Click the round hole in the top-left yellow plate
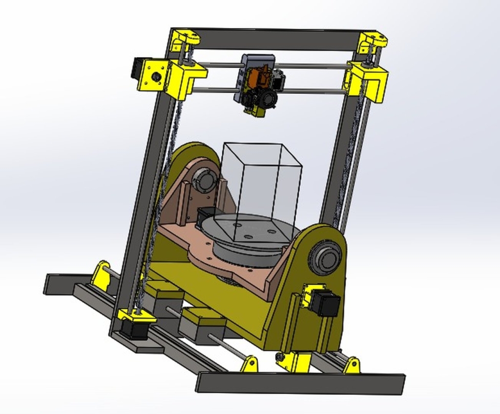click(x=156, y=76)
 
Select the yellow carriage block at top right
click(x=369, y=80)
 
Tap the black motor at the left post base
click(x=133, y=330)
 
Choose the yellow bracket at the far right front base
click(x=352, y=365)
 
